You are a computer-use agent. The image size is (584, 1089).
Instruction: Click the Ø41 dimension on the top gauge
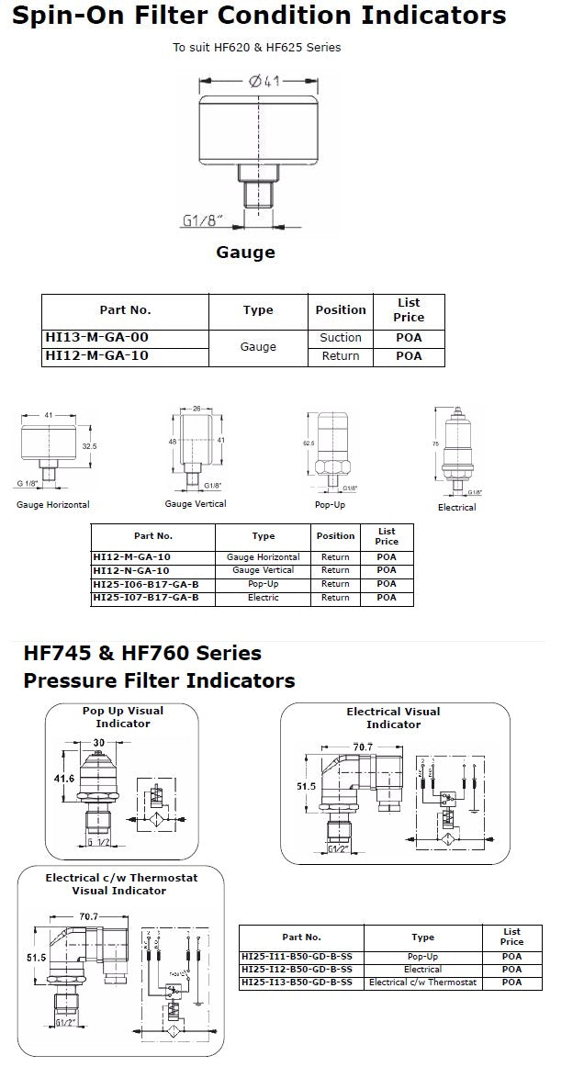tap(262, 82)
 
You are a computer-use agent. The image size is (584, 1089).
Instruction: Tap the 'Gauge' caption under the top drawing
tap(245, 252)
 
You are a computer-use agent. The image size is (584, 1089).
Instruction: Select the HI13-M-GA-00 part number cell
tap(96, 338)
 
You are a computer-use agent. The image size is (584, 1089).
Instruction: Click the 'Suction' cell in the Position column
tap(341, 338)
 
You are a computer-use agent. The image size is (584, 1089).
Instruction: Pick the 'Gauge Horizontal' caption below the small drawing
tap(53, 505)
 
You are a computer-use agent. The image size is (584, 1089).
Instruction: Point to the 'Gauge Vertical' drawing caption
tap(196, 503)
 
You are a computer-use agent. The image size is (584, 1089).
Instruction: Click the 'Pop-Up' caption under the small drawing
tap(329, 505)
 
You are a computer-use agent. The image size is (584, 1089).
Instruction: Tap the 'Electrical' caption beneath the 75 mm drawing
tap(456, 507)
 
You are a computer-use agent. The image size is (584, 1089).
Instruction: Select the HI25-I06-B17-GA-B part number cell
tap(146, 584)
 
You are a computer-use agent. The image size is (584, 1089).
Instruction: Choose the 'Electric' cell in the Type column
tap(263, 598)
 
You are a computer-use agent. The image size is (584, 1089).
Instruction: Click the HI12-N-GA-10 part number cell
tap(131, 570)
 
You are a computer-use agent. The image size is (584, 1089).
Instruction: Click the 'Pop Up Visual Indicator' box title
tap(123, 717)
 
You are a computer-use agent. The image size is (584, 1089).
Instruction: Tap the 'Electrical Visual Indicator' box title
tap(393, 718)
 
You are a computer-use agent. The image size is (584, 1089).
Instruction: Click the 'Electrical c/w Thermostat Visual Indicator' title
tap(120, 884)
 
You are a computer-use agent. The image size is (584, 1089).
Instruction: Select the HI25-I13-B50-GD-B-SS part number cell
tap(297, 982)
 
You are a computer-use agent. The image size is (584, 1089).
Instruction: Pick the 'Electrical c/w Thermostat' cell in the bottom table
tap(423, 982)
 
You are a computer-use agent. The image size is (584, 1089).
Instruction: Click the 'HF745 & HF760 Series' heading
tap(142, 654)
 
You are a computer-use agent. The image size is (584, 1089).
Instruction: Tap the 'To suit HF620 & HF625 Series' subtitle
tap(257, 48)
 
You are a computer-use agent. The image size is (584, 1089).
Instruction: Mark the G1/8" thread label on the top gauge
tap(204, 221)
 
